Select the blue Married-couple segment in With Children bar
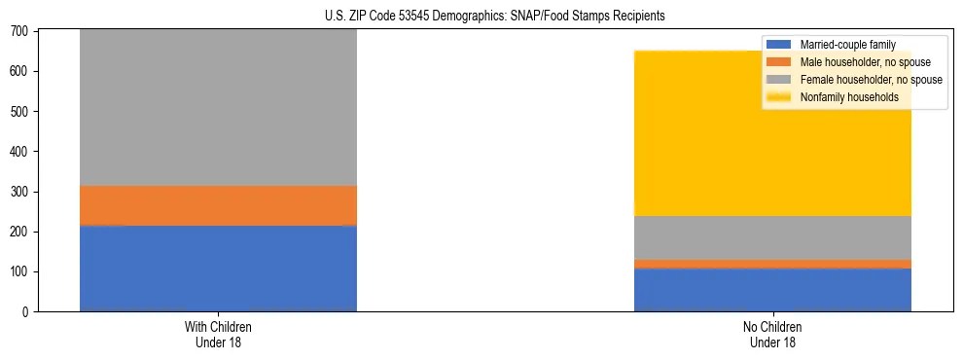tap(218, 268)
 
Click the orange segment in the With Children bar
tap(218, 205)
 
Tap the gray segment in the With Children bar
tap(218, 107)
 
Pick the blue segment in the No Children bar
tap(772, 289)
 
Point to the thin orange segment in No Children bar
tap(772, 264)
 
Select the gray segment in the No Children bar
tap(772, 237)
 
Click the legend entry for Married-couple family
tap(846, 45)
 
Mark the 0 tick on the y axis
tap(26, 311)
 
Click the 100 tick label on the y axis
tap(20, 271)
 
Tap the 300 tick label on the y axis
tap(20, 192)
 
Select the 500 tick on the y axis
tap(20, 112)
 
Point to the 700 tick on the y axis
tap(20, 32)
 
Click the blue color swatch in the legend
tap(780, 45)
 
